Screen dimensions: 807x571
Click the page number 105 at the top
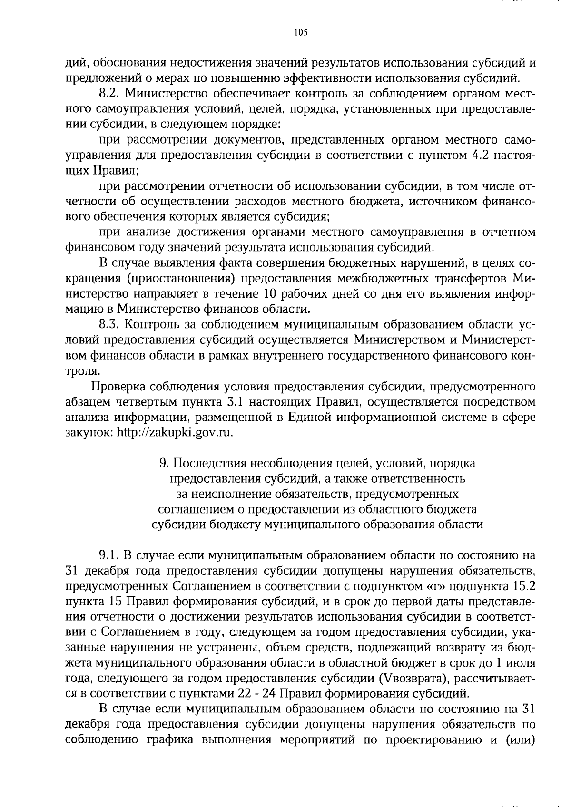(301, 33)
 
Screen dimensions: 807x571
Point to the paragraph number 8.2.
(110, 94)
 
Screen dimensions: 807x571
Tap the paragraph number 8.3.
(110, 325)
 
